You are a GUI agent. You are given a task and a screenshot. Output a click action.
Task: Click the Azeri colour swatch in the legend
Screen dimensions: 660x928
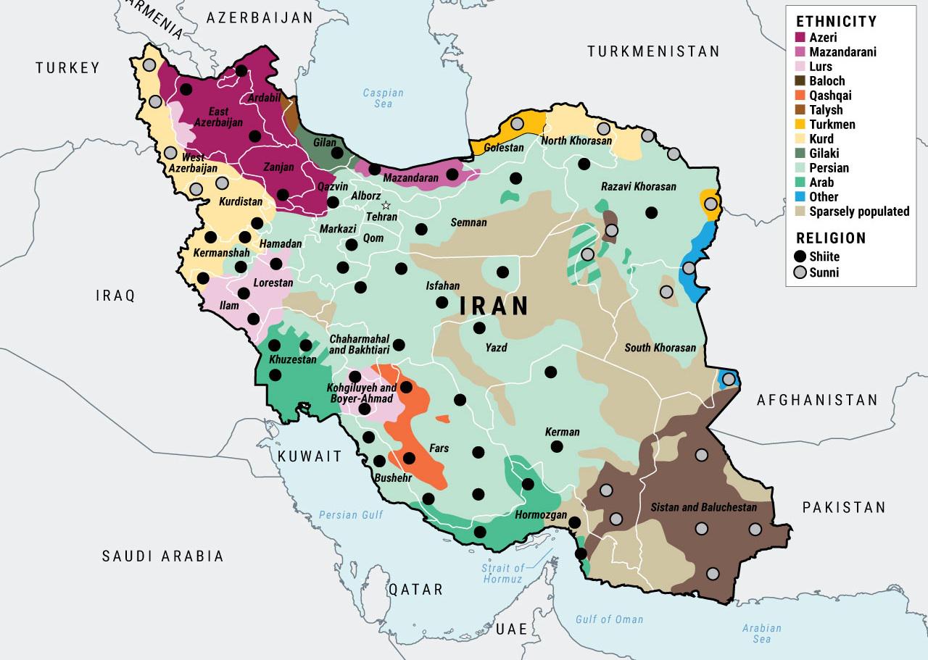pos(800,38)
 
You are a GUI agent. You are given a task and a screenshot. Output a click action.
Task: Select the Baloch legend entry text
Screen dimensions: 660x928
pos(827,81)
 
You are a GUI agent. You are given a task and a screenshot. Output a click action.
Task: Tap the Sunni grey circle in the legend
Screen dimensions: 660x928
pos(800,272)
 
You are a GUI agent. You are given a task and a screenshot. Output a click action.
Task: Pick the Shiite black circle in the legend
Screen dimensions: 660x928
pos(800,256)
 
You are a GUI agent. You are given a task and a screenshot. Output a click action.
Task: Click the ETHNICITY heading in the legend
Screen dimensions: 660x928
pos(836,21)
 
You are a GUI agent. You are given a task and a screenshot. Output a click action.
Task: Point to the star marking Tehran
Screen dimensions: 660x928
pos(386,205)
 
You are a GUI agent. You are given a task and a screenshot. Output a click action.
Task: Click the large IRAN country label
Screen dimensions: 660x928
pos(494,306)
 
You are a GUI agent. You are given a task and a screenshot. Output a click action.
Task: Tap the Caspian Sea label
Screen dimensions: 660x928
pos(383,99)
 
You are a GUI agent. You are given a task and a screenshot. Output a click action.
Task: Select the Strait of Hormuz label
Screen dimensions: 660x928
pos(502,574)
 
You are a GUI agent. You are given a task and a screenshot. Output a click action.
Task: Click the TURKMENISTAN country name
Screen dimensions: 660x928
pos(653,51)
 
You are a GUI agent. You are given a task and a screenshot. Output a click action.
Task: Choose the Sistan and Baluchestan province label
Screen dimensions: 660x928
pos(703,507)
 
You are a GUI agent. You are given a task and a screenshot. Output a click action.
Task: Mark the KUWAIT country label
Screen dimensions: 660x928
pos(310,457)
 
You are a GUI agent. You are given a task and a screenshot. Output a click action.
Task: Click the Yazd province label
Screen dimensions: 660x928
pos(496,348)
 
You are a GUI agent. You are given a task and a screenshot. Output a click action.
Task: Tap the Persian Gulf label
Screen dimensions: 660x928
pos(351,515)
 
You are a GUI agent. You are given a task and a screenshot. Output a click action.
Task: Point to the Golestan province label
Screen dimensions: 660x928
pos(502,148)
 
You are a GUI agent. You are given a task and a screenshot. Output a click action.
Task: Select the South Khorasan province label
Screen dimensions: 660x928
pos(660,348)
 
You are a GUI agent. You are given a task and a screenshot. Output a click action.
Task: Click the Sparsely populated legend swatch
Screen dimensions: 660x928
pos(800,212)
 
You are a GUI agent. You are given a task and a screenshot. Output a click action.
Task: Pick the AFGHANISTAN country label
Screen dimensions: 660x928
pos(817,400)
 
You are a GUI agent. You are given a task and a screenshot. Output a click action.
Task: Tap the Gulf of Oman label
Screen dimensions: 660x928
pos(609,619)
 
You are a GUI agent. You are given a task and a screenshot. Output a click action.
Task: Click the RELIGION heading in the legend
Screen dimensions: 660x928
pos(831,238)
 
